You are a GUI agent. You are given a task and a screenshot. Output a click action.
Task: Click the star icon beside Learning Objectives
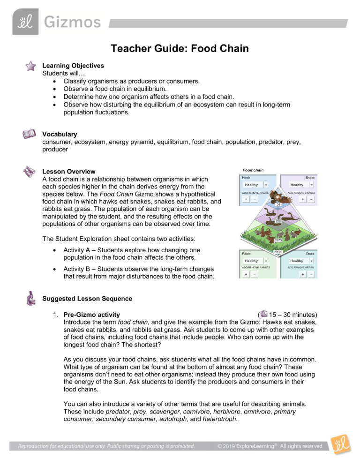point(31,66)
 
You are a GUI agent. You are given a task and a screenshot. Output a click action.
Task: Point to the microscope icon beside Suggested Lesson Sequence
point(31,300)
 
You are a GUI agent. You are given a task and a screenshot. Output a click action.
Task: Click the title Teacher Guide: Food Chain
point(180,48)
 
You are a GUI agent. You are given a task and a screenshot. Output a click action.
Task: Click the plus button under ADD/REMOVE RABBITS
point(246,273)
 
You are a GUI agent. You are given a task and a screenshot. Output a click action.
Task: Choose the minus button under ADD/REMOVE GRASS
point(312,273)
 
